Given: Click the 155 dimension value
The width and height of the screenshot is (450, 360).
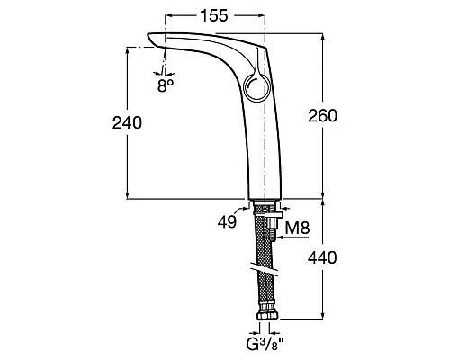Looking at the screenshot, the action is tap(214, 15).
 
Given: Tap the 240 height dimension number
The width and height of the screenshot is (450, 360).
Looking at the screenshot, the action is tap(127, 122).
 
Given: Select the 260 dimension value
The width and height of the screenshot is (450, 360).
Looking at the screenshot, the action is tap(323, 116).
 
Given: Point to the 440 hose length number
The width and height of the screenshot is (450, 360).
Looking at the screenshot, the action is tap(322, 257).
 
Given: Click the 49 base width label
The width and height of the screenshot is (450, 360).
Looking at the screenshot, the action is tap(227, 222).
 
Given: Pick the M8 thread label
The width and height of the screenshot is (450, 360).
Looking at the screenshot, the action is tap(297, 228).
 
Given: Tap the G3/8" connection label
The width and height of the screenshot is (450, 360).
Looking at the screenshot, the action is tap(265, 345).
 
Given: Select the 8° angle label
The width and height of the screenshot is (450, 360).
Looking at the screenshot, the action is tap(166, 86).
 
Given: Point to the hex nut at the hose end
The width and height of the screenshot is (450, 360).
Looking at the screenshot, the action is tap(267, 315).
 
